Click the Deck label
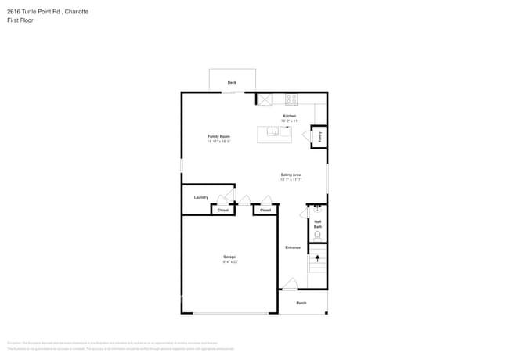pyautogui.click(x=232, y=82)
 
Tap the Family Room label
pyautogui.click(x=218, y=136)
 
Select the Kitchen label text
pyautogui.click(x=290, y=116)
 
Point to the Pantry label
pyautogui.click(x=319, y=136)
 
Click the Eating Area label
pyautogui.click(x=291, y=175)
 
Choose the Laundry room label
pyautogui.click(x=201, y=197)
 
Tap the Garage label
pyautogui.click(x=229, y=257)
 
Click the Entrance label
pyautogui.click(x=293, y=247)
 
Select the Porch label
pyautogui.click(x=301, y=303)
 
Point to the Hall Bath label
pyautogui.click(x=318, y=224)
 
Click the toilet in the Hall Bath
pyautogui.click(x=317, y=235)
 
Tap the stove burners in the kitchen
pyautogui.click(x=291, y=99)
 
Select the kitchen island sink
pyautogui.click(x=273, y=131)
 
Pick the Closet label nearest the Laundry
pyautogui.click(x=222, y=210)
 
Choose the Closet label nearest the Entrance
pyautogui.click(x=265, y=210)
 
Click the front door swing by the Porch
pyautogui.click(x=289, y=284)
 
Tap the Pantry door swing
pyautogui.click(x=306, y=137)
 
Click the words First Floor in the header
pyautogui.click(x=21, y=20)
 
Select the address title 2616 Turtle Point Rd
pyautogui.click(x=47, y=12)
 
